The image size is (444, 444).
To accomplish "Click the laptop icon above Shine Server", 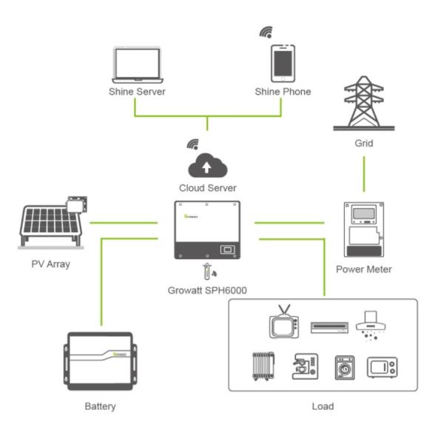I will click(x=137, y=65).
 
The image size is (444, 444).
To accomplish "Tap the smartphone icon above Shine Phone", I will click(x=283, y=64).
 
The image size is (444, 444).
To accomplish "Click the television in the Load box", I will click(x=283, y=325).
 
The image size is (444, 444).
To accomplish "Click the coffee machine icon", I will click(x=305, y=366).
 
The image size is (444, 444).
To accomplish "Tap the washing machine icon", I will click(x=345, y=367).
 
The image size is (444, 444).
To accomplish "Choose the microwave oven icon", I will click(x=382, y=367).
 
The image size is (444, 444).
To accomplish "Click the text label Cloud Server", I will click(x=208, y=188).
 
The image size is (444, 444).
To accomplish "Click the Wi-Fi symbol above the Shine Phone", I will click(x=265, y=32).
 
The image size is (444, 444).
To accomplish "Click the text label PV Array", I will click(x=50, y=263).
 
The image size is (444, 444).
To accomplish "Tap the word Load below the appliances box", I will click(x=323, y=406).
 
